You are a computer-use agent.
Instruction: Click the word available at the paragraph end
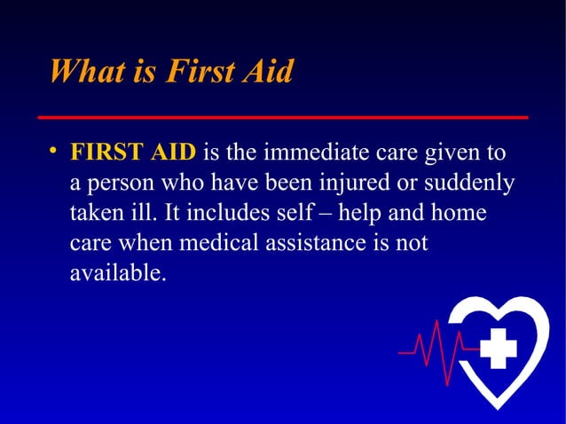(116, 274)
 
